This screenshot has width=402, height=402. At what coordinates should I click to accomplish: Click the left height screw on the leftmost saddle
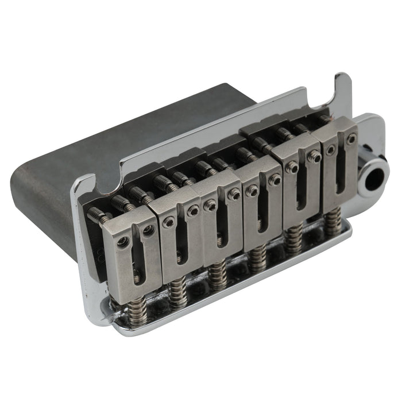[x=122, y=241]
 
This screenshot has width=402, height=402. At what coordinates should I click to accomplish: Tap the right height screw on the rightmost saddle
[x=351, y=139]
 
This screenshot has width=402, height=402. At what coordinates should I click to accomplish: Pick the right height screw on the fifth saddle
[x=314, y=156]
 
